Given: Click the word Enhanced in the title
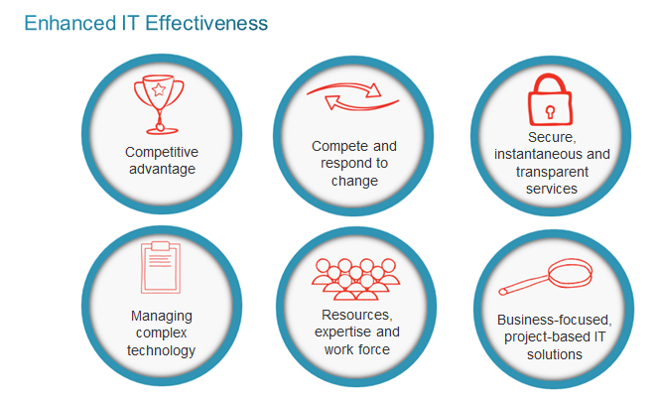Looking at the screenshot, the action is tap(70, 23).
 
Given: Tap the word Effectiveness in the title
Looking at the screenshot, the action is tap(206, 23).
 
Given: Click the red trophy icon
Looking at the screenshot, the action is tap(159, 104).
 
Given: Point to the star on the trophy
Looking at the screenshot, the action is tap(159, 89).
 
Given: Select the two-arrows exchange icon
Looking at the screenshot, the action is tap(352, 96).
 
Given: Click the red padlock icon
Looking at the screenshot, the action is tap(550, 100).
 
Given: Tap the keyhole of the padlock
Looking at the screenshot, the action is tap(550, 112).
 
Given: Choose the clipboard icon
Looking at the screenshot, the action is tap(161, 267).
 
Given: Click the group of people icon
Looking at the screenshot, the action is tap(355, 279).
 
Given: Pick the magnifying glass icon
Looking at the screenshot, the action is tap(547, 277).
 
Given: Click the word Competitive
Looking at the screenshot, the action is tap(162, 152).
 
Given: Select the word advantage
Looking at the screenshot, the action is tap(162, 169).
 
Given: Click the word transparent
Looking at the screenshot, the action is tap(552, 172).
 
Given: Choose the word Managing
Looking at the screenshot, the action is tap(162, 316).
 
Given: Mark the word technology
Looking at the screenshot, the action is tap(162, 350).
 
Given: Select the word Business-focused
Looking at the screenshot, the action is tap(555, 320).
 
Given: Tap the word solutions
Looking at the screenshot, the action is tap(555, 354).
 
